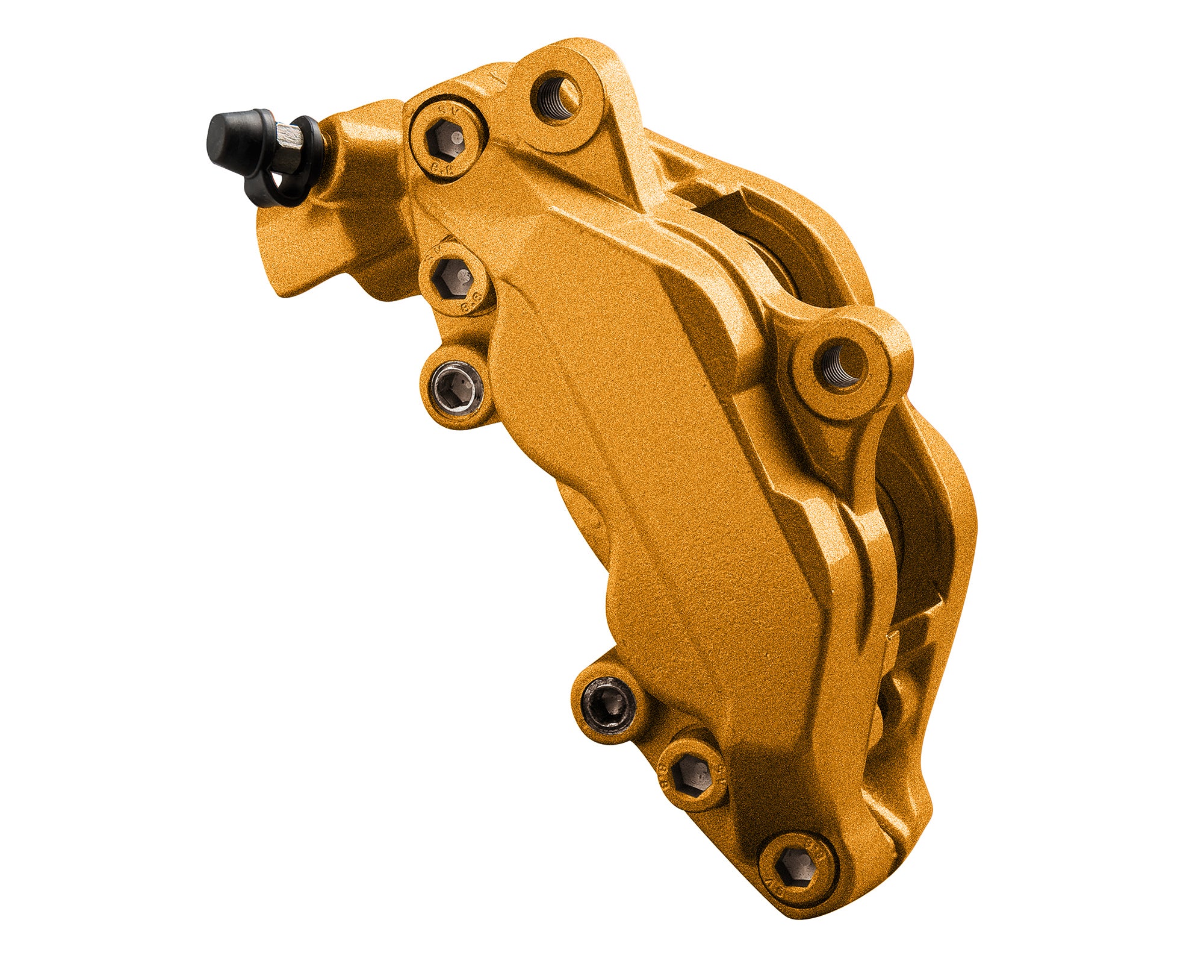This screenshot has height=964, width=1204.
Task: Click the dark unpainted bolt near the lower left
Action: (x=609, y=703)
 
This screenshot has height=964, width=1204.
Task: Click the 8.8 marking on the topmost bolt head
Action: (x=444, y=169)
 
